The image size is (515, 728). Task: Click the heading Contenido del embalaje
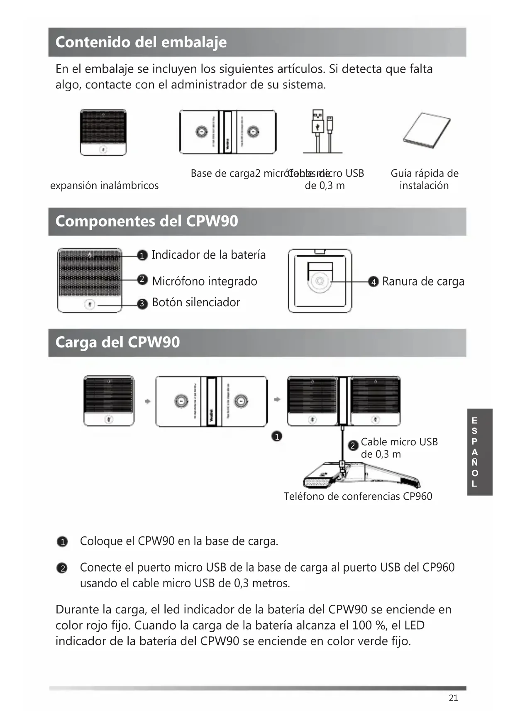coord(141,42)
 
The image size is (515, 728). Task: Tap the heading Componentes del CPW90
coord(146,221)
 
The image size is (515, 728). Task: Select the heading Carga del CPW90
coord(117,342)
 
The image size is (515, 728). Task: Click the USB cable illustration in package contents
coord(323,132)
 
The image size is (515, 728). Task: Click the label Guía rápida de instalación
coord(424,179)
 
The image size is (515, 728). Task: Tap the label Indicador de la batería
coord(208,255)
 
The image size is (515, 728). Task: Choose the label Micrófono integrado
coord(204,281)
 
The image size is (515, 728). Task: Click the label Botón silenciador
coord(196,302)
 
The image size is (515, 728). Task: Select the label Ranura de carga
coord(423,281)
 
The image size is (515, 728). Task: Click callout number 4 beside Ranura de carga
coord(373,282)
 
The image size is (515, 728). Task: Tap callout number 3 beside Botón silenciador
coord(142,304)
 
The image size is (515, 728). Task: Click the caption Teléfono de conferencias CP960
coord(358,496)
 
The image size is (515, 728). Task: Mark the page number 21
coord(453,698)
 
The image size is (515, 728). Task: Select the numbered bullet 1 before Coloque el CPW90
coord(62,542)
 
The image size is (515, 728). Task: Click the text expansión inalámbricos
coord(104,186)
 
